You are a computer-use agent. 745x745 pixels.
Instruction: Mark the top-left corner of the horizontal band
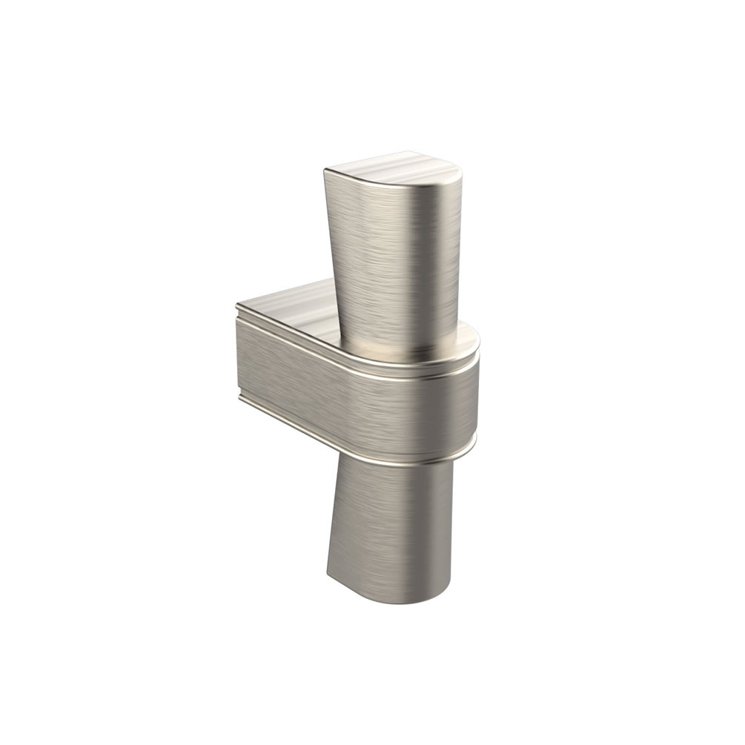click(237, 305)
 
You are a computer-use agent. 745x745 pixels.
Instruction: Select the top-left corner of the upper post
click(324, 170)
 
